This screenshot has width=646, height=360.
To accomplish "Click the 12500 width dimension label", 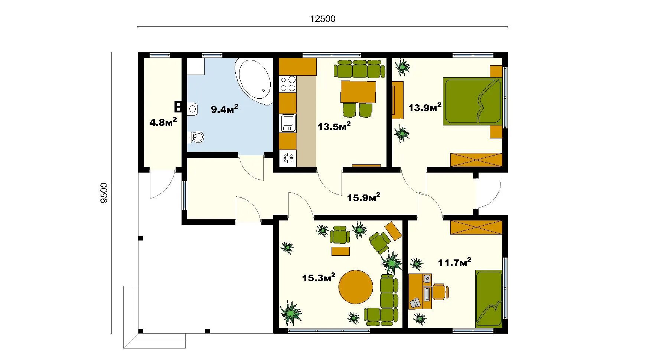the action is tap(323, 19).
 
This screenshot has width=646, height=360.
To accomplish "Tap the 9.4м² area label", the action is tap(225, 109).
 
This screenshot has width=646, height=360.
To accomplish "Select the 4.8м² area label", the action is tap(163, 122).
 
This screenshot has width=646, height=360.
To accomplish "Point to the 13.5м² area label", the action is tap(334, 126).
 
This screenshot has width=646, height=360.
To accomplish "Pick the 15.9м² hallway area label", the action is tap(363, 197).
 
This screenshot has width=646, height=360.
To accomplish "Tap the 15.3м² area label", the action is tap(319, 277).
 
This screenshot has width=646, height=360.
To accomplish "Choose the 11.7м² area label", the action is tap(455, 262).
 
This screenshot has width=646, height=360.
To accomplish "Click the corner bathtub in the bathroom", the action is tap(254, 79).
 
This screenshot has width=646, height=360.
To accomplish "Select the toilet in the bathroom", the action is tap(196, 137).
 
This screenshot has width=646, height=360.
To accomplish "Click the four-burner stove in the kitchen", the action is tap(288, 84).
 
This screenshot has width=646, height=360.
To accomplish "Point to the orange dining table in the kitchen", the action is tap(358, 92).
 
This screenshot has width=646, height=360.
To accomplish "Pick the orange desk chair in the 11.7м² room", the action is tap(440, 292).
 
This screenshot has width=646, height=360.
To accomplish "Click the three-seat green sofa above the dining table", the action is tap(359, 69).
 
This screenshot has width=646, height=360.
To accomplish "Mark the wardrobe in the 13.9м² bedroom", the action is tap(476, 160).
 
